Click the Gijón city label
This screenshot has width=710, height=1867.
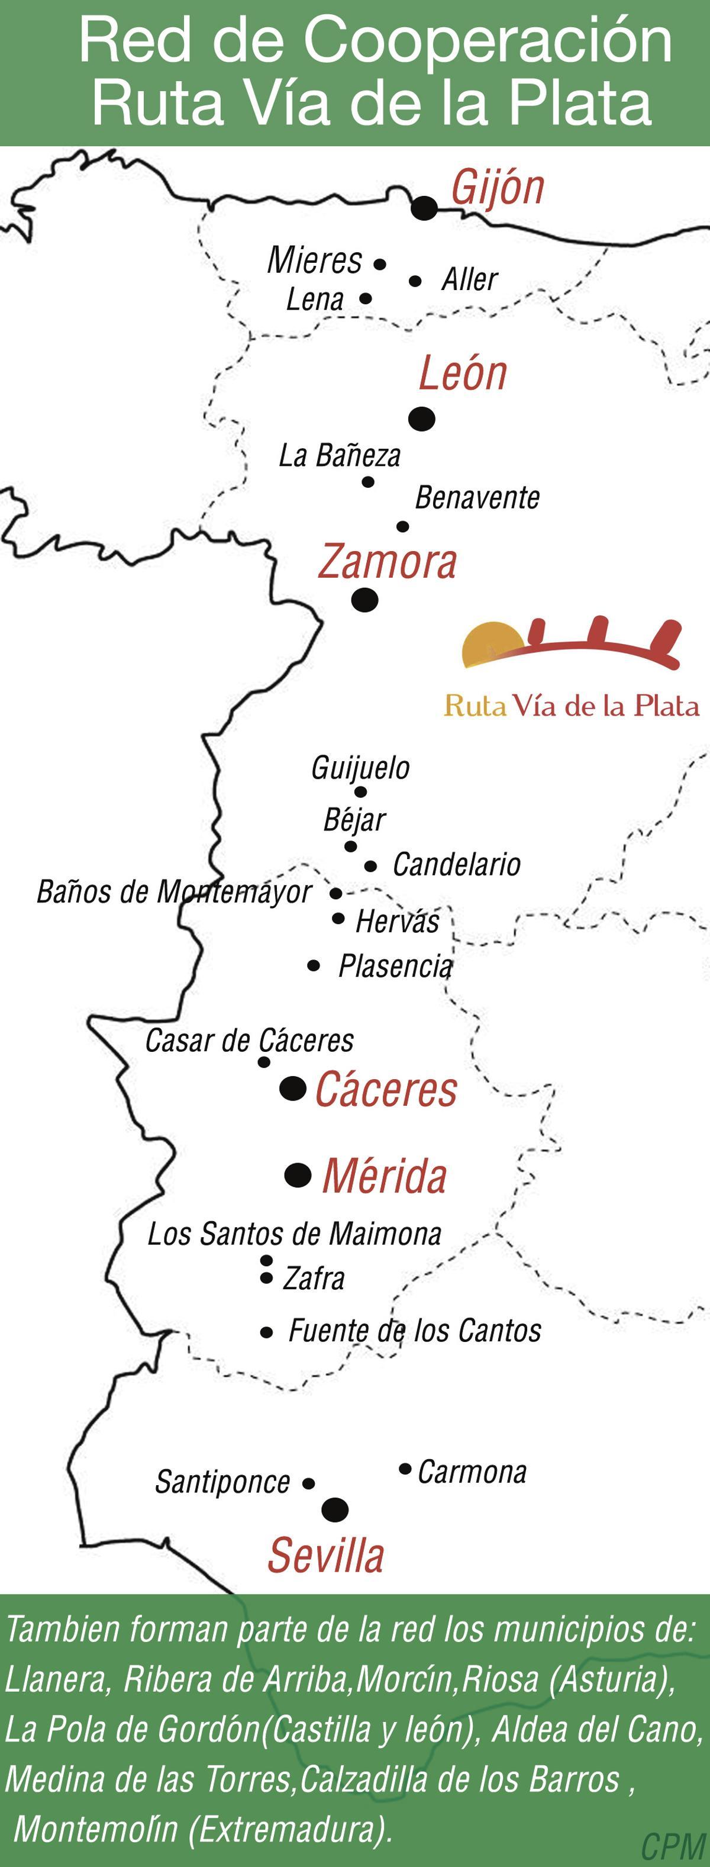point(497,188)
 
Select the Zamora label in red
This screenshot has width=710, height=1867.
point(388,562)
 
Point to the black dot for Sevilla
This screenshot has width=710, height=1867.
point(335,1509)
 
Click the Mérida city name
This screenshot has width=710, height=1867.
point(384,1176)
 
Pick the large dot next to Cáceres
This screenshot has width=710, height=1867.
point(293,1088)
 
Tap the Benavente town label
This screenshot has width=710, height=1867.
point(477,498)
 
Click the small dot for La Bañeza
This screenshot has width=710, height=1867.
point(368,482)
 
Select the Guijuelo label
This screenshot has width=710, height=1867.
point(360,768)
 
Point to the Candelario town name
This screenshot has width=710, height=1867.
point(456,865)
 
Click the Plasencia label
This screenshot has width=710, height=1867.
point(396,966)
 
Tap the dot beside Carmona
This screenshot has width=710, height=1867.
point(405,1469)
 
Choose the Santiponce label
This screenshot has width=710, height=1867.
point(222,1482)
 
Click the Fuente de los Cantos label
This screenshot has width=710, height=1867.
point(414,1331)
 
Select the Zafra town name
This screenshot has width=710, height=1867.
point(313,1279)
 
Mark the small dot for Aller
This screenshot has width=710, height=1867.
point(415,281)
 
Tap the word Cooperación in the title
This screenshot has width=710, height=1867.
point(488,41)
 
